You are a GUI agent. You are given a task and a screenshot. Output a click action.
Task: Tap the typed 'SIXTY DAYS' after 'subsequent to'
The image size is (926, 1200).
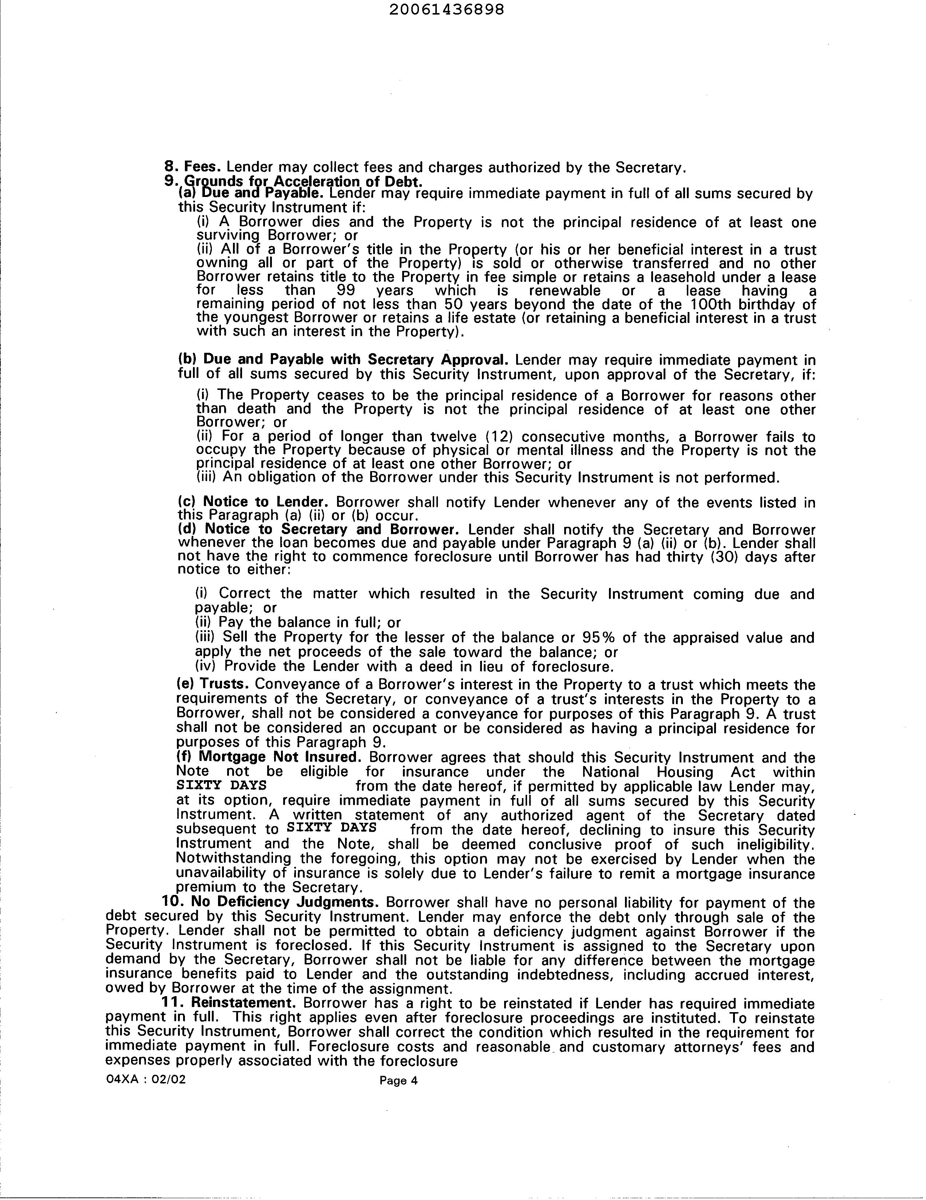pyautogui.click(x=332, y=828)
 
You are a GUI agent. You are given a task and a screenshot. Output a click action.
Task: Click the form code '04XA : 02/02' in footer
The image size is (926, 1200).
pyautogui.click(x=146, y=1079)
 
